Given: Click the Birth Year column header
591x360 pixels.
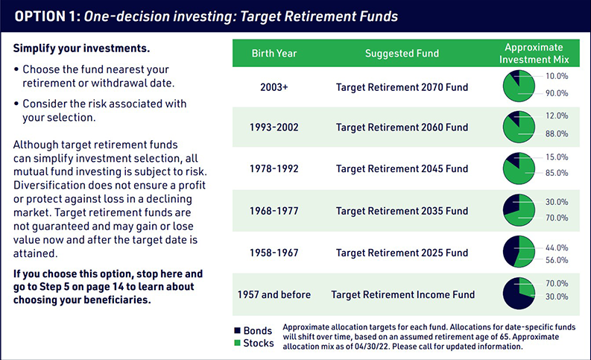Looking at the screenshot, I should [x=274, y=53].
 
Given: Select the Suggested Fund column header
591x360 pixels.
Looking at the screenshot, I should [x=402, y=53].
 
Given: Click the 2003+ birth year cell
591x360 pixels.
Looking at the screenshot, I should [x=274, y=87].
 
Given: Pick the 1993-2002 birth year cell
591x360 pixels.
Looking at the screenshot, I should [x=274, y=127].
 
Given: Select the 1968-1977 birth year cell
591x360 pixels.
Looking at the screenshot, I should [x=274, y=211].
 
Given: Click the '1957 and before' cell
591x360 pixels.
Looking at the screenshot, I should [x=274, y=294].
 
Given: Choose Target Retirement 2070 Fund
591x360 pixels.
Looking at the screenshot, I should [x=402, y=87].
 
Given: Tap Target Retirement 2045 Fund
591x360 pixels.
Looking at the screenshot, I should [x=402, y=169].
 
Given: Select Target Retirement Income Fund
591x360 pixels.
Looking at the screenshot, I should [x=402, y=294].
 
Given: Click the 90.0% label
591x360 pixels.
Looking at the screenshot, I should [x=557, y=94].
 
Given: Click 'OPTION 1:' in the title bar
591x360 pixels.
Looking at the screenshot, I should [x=46, y=16].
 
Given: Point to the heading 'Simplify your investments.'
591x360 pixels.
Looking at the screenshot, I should [x=81, y=48].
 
